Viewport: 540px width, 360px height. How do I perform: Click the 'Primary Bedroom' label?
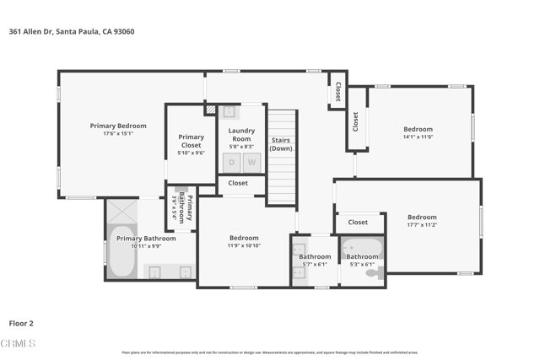pyautogui.click(x=118, y=126)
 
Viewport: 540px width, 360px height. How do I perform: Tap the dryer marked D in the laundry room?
pyautogui.click(x=231, y=162)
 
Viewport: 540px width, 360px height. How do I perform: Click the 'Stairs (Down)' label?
pyautogui.click(x=281, y=143)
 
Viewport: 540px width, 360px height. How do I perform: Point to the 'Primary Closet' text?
pyautogui.click(x=191, y=141)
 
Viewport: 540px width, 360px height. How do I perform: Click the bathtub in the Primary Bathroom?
pyautogui.click(x=121, y=253)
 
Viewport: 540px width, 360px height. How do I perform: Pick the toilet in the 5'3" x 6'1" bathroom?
pyautogui.click(x=373, y=272)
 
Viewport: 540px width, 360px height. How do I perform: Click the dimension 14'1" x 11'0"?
pyautogui.click(x=418, y=137)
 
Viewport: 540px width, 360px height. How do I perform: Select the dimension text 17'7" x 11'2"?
pyautogui.click(x=422, y=225)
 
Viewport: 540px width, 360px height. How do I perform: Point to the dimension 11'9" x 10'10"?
pyautogui.click(x=244, y=245)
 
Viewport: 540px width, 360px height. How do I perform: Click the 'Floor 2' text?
pyautogui.click(x=21, y=322)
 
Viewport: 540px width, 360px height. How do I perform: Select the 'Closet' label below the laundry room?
pyautogui.click(x=238, y=183)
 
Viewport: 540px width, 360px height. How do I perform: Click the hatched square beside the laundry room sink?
pyautogui.click(x=210, y=110)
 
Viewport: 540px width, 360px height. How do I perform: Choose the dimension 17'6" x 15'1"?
pyautogui.click(x=118, y=133)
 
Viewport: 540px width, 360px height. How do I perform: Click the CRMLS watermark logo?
pyautogui.click(x=19, y=343)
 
